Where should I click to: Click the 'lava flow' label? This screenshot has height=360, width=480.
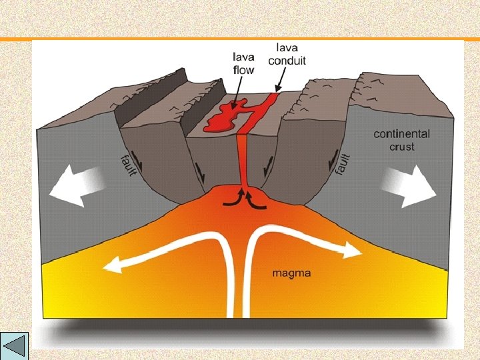pyautogui.click(x=243, y=63)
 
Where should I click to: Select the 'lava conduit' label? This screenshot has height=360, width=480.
pyautogui.click(x=287, y=54)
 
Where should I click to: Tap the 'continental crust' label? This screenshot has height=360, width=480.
pyautogui.click(x=402, y=140)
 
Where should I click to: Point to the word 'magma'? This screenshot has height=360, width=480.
pyautogui.click(x=291, y=273)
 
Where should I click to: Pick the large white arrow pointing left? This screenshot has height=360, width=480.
pyautogui.click(x=78, y=185)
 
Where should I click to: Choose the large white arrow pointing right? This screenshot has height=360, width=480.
pyautogui.click(x=409, y=185)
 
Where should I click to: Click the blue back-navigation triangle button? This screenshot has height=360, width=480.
pyautogui.click(x=14, y=346)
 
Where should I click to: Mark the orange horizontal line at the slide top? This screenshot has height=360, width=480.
pyautogui.click(x=240, y=39)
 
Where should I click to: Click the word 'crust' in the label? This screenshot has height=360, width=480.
pyautogui.click(x=402, y=147)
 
